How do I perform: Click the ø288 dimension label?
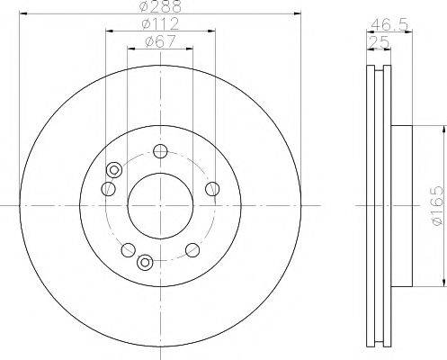click(x=160, y=6)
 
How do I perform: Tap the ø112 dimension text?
click(x=160, y=23)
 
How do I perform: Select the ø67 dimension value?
click(x=160, y=41)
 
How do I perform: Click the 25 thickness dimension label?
click(x=379, y=42)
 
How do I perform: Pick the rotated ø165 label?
click(x=436, y=205)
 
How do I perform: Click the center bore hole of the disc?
click(x=160, y=206)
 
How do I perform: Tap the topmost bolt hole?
click(x=160, y=151)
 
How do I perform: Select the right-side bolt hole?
click(x=212, y=189)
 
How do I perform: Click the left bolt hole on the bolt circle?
click(x=109, y=189)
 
